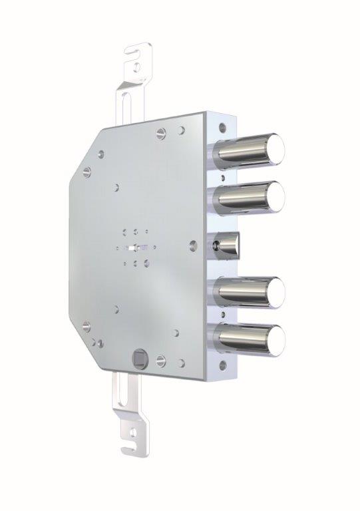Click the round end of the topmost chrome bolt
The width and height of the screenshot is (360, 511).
point(273,146)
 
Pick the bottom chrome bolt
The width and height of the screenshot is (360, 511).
point(273,338)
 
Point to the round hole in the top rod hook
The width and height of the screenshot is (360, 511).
point(136,67)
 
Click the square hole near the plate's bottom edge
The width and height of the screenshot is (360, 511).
point(140,357)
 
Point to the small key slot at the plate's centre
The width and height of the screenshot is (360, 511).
point(136,247)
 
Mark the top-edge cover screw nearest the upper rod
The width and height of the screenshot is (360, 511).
point(160,132)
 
